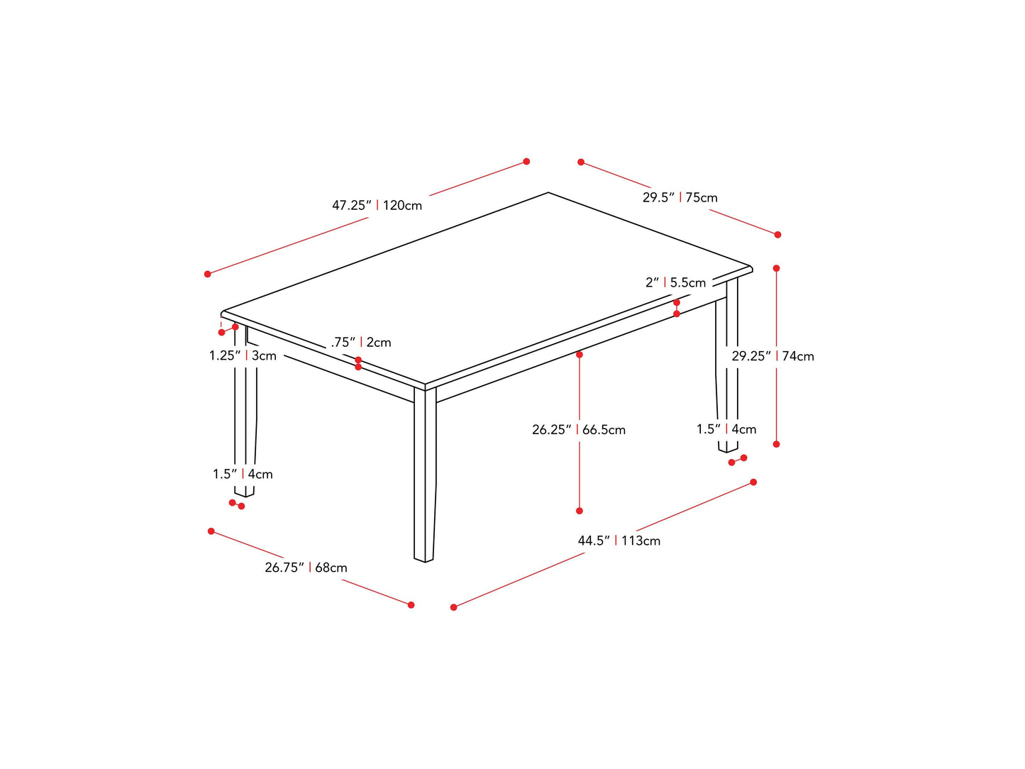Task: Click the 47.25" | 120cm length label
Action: (x=377, y=206)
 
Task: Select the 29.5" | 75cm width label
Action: (x=680, y=198)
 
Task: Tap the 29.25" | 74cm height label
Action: (x=772, y=356)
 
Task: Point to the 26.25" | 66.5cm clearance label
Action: (x=579, y=430)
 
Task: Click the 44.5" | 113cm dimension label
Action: (x=619, y=541)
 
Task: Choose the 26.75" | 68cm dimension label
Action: (x=306, y=568)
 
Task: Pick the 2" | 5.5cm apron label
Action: (x=675, y=283)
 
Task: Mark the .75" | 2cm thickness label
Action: (x=361, y=343)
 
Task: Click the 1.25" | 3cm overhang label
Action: (x=243, y=355)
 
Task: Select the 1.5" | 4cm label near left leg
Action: (x=243, y=474)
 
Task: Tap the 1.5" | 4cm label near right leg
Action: (x=726, y=429)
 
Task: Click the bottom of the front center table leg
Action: (x=423, y=559)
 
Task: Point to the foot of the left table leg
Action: (x=244, y=493)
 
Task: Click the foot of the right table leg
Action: (x=728, y=449)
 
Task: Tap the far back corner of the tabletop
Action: (x=548, y=193)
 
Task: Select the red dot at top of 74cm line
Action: (x=777, y=268)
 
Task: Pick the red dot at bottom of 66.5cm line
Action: (x=580, y=511)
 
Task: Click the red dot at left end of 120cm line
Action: (x=207, y=274)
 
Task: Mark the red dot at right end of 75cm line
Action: (x=777, y=235)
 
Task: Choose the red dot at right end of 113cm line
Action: (x=753, y=482)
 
